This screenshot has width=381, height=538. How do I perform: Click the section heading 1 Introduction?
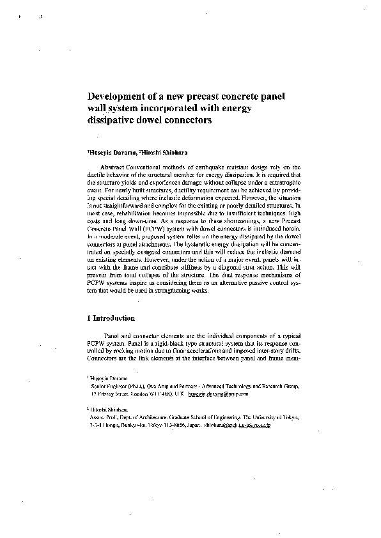[x=110, y=318]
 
